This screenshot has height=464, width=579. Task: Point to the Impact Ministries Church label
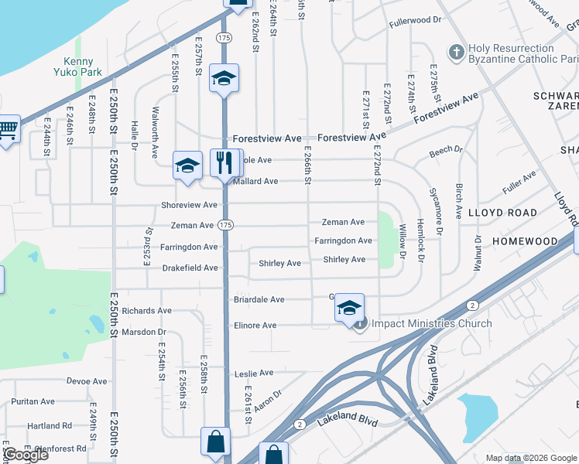(x=431, y=323)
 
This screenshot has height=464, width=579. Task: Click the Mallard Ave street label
(x=255, y=182)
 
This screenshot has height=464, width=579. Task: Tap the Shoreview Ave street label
(x=190, y=205)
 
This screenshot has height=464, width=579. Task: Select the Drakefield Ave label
(x=190, y=268)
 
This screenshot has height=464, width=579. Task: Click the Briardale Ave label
(x=259, y=299)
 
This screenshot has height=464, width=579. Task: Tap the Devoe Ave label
(x=87, y=381)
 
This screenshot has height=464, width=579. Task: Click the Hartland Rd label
(x=50, y=425)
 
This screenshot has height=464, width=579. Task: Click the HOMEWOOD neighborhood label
(x=525, y=241)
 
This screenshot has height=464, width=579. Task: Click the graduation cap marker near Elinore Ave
(x=349, y=308)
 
